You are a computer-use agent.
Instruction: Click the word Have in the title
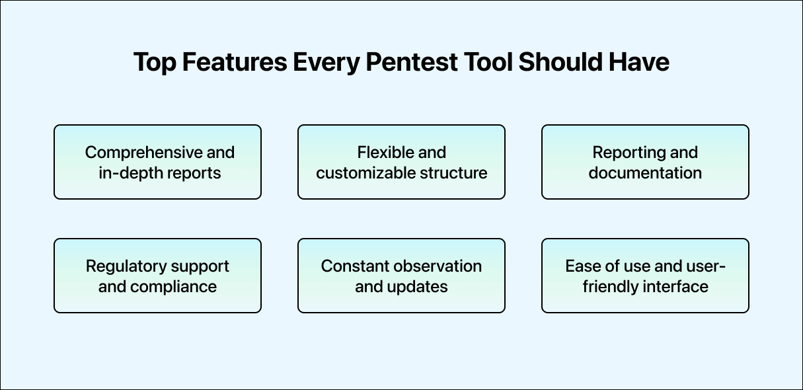(640, 62)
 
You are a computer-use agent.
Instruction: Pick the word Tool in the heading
(489, 62)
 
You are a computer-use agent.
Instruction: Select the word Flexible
(383, 152)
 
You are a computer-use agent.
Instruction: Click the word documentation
(645, 173)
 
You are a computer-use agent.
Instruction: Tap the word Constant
(354, 266)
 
